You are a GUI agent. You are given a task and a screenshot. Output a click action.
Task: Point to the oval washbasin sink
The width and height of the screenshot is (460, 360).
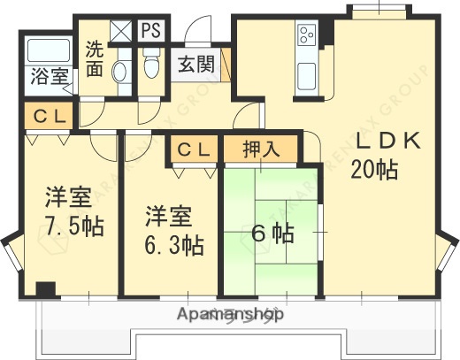pos(122,72)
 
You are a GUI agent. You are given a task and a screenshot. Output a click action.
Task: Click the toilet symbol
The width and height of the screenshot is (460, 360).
pos(150,64)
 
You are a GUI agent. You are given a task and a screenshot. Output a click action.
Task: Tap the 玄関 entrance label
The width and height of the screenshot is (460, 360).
pos(195,65)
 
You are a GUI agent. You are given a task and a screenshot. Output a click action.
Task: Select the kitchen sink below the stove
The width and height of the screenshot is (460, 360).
pos(308,73)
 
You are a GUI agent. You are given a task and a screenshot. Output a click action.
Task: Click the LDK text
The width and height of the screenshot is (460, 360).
pos(392,142)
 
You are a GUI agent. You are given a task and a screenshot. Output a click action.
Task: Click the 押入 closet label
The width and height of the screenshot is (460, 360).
pos(262,149)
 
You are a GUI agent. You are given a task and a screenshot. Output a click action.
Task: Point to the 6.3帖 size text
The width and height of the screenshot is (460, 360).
pos(173,244)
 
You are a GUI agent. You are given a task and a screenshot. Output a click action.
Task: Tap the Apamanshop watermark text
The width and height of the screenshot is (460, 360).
pos(230,315)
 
